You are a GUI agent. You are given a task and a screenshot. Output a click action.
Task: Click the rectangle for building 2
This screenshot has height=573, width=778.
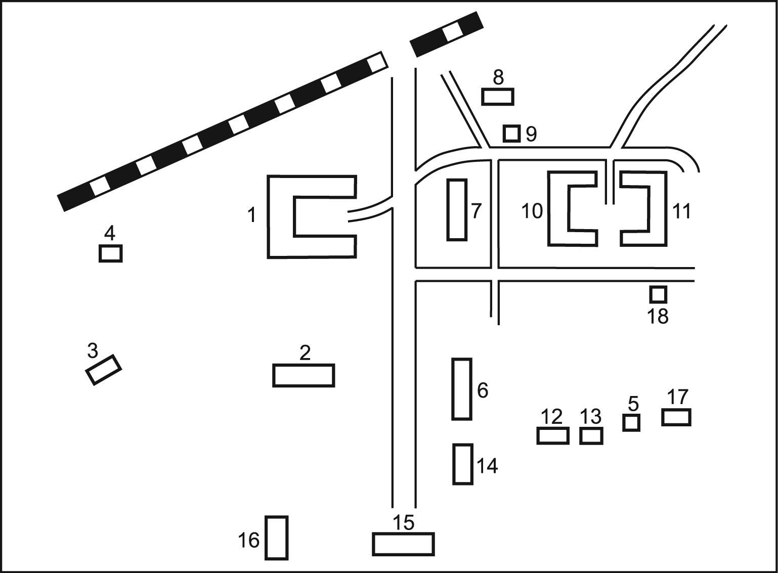pos(304,375)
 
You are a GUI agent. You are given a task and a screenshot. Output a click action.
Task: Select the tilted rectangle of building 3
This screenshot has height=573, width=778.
pos(104,370)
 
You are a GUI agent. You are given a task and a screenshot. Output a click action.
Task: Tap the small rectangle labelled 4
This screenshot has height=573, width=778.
pos(110,253)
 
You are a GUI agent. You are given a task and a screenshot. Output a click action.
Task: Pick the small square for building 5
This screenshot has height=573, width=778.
pos(631,422)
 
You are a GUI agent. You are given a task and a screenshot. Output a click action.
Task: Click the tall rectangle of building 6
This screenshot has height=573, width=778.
pos(462,389)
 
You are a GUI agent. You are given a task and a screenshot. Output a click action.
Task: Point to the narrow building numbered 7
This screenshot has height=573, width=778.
pos(457,209)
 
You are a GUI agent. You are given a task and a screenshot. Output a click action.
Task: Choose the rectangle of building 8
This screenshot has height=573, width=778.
pos(498,96)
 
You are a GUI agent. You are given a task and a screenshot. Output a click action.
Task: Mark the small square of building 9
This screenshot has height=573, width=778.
pos(511,134)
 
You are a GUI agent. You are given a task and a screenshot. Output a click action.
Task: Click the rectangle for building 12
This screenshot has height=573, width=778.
pos(553,435)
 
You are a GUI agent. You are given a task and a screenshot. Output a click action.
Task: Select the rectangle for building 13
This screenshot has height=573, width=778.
pos(591,435)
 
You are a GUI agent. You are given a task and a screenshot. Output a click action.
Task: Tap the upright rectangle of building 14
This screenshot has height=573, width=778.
pos(463,464)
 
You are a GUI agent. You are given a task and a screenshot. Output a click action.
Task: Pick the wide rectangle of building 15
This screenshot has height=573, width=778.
pos(403,544)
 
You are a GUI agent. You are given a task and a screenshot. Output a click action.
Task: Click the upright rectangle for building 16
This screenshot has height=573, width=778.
pos(277,538)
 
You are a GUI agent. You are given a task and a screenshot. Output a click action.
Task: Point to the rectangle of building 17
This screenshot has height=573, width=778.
pos(676,417)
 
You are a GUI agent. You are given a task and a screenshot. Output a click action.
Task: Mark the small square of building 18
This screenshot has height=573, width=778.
pos(658,294)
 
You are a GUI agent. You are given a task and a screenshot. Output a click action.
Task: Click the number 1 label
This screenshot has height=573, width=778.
pos(251,215)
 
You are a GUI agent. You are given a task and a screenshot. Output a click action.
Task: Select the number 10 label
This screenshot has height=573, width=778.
pos(532,211)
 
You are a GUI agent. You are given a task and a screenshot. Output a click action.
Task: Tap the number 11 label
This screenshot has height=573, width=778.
pos(681,211)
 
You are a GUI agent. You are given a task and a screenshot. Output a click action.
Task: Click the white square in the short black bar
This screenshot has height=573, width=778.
pos(452,31)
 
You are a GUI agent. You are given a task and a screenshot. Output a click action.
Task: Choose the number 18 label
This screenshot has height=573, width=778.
pos(658,317)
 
